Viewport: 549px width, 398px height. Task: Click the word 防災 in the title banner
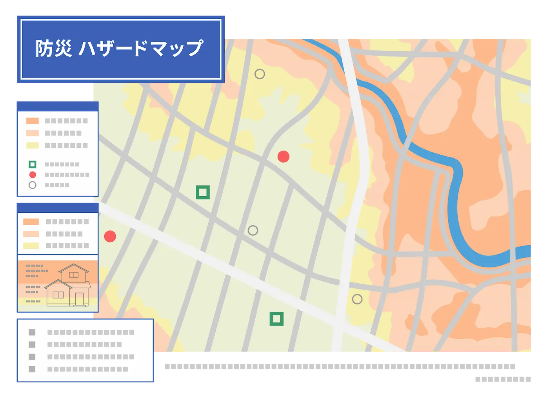point(53,49)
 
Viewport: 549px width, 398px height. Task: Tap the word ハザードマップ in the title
point(141,49)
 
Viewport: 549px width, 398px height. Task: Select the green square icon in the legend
point(33,165)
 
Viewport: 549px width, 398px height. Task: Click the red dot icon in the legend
point(33,175)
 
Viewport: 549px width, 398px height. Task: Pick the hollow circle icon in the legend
point(33,185)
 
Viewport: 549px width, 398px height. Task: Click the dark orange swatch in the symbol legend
point(33,121)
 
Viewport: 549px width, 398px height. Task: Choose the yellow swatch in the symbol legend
point(33,145)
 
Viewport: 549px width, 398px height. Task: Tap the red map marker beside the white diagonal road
point(110,236)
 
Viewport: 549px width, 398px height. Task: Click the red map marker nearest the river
point(284,157)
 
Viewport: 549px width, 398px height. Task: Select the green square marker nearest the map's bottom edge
point(276,319)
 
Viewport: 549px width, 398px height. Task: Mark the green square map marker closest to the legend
point(203,192)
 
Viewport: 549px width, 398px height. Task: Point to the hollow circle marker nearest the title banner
point(260,74)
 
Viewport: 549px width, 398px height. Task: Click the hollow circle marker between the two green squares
point(253,230)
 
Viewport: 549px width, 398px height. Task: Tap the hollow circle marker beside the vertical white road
point(357,299)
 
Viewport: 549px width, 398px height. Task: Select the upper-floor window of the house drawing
point(73,275)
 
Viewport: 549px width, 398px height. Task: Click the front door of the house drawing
point(80,299)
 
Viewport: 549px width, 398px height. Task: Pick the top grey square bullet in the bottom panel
point(32,332)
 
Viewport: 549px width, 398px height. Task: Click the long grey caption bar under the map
point(340,367)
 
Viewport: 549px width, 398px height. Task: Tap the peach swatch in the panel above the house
point(31,234)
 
